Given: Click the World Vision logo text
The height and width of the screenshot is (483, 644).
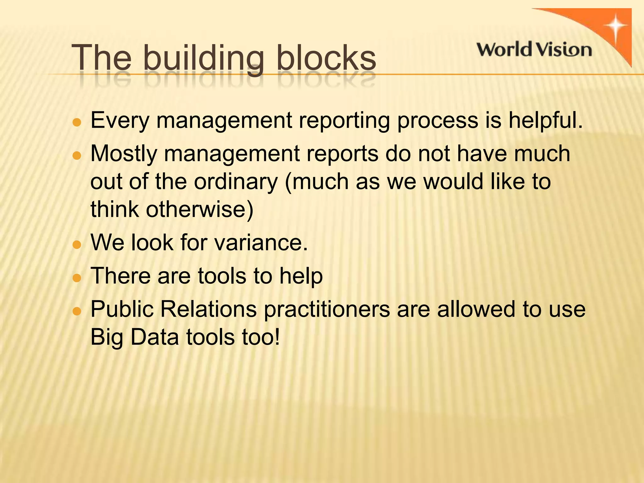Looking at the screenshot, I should point(534,50).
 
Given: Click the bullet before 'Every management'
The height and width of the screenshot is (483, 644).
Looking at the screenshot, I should point(77,122).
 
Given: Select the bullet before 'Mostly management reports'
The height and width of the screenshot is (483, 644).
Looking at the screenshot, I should point(77,156).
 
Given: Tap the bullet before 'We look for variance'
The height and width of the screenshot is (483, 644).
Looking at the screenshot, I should point(77,244).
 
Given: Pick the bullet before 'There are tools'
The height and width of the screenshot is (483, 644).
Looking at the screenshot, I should point(77,278).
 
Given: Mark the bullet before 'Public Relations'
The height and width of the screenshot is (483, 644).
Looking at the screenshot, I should point(77,311).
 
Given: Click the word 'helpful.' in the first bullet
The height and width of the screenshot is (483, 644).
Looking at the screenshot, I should point(546,120).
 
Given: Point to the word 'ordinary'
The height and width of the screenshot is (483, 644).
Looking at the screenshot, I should point(236,182).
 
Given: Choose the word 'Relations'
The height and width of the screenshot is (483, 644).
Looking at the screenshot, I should point(208,309).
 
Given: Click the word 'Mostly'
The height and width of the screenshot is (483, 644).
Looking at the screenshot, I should point(124,154).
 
